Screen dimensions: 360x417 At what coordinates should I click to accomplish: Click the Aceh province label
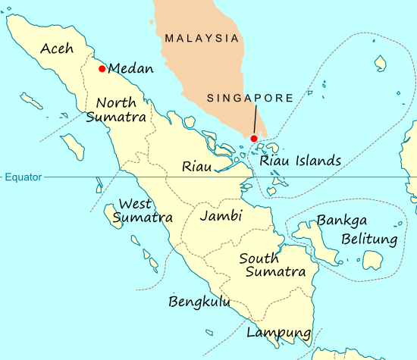tap(57, 49)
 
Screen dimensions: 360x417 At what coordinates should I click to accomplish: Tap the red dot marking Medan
tap(102, 69)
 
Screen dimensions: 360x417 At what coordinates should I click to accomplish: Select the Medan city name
tap(131, 69)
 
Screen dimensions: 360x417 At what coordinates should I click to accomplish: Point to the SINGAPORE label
tap(249, 99)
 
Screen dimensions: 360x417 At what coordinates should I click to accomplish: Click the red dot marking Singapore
tap(253, 138)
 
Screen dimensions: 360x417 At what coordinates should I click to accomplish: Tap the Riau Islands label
tap(299, 161)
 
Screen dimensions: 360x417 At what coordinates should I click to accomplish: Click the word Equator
tap(24, 177)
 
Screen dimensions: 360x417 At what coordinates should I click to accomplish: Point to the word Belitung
tap(369, 240)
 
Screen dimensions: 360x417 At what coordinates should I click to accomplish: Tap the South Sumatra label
tap(272, 265)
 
